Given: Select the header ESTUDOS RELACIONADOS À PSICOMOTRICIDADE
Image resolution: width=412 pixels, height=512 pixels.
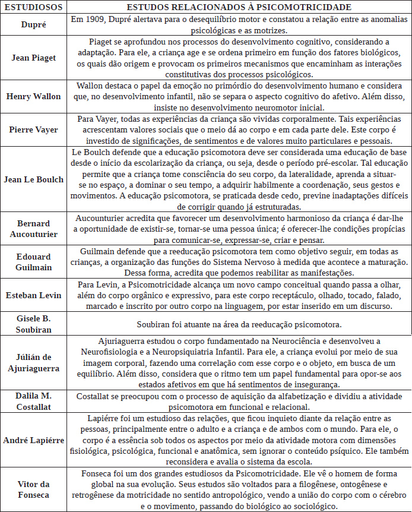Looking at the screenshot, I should (x=239, y=7).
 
